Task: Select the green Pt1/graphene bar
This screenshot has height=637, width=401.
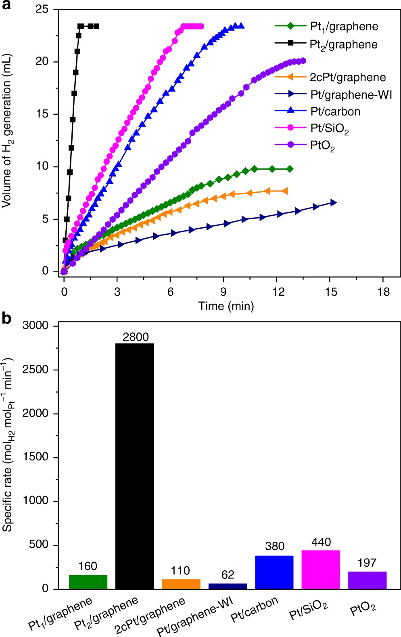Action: tap(88, 582)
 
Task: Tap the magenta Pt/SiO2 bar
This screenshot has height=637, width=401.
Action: tap(320, 569)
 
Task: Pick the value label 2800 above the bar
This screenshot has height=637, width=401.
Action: tap(136, 337)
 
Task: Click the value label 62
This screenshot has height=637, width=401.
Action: tap(228, 575)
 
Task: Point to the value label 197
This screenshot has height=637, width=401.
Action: tap(367, 563)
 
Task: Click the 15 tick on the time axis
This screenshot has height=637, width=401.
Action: tap(331, 292)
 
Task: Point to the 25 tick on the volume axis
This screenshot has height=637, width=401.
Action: tap(42, 9)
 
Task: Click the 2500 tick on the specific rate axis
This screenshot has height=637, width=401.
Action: tap(35, 370)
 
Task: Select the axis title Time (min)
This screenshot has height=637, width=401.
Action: tap(226, 306)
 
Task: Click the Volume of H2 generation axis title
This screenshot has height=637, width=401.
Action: tap(7, 131)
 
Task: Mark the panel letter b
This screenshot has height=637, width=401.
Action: tap(7, 319)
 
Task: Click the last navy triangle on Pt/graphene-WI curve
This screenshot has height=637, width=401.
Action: tap(333, 202)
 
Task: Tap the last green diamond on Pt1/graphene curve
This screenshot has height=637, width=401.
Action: tap(290, 169)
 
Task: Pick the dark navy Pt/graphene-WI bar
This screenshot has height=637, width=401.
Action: tap(228, 586)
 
